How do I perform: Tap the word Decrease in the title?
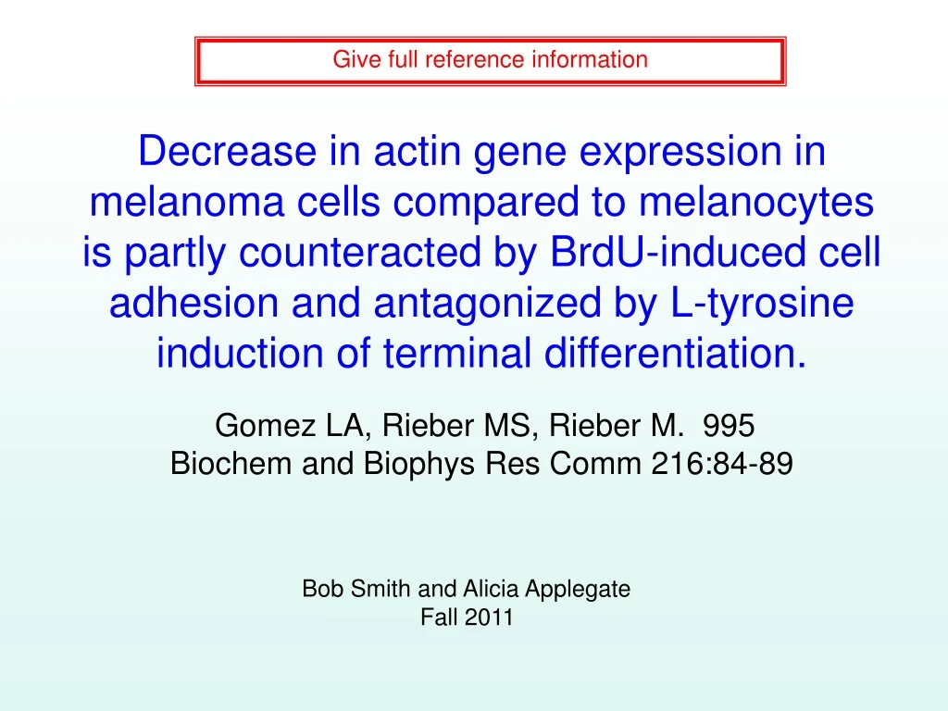pos(228,151)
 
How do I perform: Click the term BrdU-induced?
pos(678,252)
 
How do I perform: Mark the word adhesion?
pos(193,303)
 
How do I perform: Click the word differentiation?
pos(676,353)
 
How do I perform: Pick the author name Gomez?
pos(266,426)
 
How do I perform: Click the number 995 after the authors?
pos(729,426)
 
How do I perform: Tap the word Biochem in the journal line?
pos(231,464)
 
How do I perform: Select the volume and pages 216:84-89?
pos(722,464)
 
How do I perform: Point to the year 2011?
pos(489,617)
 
